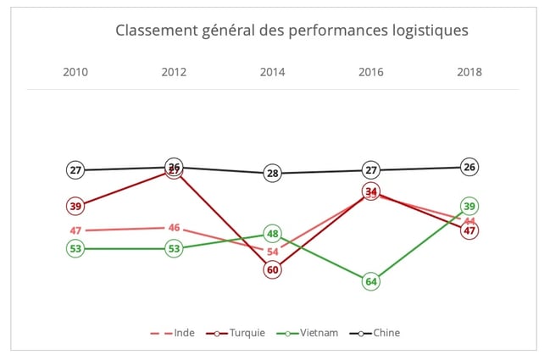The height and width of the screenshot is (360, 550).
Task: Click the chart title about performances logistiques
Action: tap(292, 31)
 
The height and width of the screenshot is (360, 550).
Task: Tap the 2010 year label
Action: tap(75, 72)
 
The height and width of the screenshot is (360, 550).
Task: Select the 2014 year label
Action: tap(272, 72)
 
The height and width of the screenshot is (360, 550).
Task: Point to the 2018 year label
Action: tap(469, 72)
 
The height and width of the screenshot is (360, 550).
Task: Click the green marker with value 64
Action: tap(370, 281)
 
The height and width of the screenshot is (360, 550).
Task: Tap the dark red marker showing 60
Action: tap(272, 270)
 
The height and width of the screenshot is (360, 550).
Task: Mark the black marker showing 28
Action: tap(272, 174)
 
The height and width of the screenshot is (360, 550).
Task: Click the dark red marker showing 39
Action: tap(75, 206)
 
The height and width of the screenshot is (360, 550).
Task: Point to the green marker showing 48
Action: tap(272, 234)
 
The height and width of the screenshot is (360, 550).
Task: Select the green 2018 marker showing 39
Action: tap(469, 206)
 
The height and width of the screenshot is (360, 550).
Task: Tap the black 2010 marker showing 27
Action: tap(75, 170)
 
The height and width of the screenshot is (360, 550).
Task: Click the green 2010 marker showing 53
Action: tap(75, 249)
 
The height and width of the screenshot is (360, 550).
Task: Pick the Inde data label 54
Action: tap(272, 252)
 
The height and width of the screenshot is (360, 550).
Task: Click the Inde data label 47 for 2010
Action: tap(75, 230)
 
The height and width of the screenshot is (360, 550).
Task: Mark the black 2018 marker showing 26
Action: tap(469, 167)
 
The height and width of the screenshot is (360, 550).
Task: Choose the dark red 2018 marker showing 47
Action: tap(469, 230)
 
